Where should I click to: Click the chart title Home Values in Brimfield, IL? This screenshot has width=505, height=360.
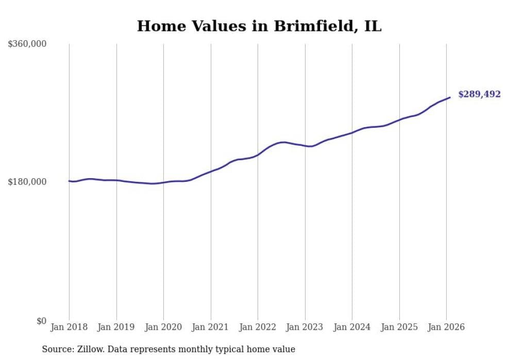(x=259, y=26)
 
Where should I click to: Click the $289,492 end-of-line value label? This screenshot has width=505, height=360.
(x=479, y=94)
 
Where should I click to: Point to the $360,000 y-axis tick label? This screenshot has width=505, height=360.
(x=27, y=44)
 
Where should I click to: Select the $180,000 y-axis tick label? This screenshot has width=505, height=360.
(x=27, y=182)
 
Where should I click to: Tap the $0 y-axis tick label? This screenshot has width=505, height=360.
(x=41, y=321)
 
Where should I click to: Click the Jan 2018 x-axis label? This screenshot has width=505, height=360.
(x=69, y=327)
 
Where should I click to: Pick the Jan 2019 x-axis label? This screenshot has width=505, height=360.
(x=116, y=327)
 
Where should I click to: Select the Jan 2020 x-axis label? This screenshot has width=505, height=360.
(x=163, y=327)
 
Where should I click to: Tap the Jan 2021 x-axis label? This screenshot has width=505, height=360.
(x=211, y=327)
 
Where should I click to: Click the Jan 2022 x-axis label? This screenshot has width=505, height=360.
(x=258, y=327)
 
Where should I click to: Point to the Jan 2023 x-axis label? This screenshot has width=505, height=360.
(x=305, y=327)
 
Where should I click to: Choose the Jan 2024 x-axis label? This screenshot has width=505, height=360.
(x=352, y=327)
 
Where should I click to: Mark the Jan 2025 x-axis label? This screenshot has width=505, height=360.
(x=399, y=327)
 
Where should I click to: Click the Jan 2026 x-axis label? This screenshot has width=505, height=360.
(x=446, y=327)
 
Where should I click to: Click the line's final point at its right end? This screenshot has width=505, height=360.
(x=450, y=97)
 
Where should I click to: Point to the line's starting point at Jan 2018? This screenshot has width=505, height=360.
(x=69, y=181)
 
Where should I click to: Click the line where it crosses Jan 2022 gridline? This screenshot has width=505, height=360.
(x=258, y=155)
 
